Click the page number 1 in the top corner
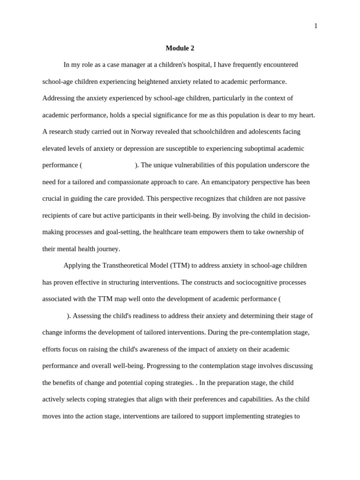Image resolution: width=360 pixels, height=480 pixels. [x=315, y=26]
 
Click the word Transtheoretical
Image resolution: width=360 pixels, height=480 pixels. [x=117, y=266]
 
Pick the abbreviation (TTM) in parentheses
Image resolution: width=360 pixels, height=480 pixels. [x=180, y=266]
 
